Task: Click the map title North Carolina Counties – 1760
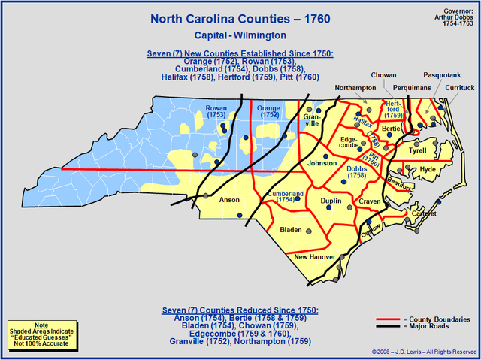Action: click(x=240, y=17)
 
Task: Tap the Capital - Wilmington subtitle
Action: click(x=240, y=35)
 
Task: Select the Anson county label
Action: click(x=228, y=201)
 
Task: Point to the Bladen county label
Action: click(x=290, y=229)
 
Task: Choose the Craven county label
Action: click(x=370, y=202)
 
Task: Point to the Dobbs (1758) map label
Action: click(x=357, y=174)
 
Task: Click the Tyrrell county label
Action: click(x=417, y=150)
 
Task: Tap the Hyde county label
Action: click(x=428, y=170)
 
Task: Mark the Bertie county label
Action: click(x=391, y=129)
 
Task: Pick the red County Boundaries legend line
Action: click(x=387, y=319)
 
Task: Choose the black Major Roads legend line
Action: click(x=387, y=326)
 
